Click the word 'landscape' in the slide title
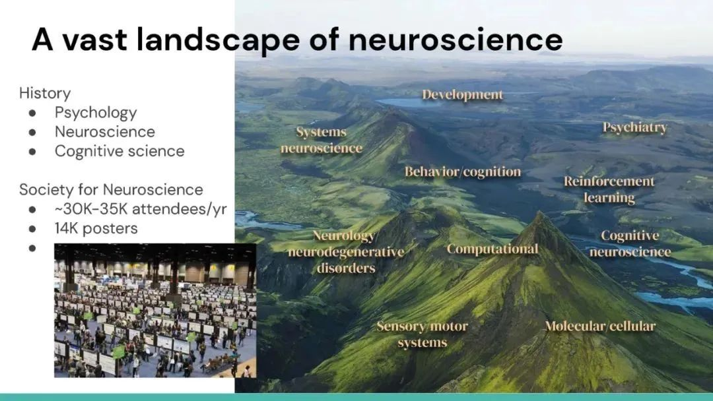(219, 40)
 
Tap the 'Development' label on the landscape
(462, 95)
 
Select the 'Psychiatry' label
(635, 127)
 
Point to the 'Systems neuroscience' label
(322, 140)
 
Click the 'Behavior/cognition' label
(463, 171)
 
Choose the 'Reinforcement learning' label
(609, 189)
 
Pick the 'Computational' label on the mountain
(492, 249)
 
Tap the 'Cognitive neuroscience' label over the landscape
(630, 243)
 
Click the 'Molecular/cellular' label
(600, 326)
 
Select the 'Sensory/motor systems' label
(422, 334)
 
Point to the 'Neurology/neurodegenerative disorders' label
(346, 251)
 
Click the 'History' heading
(45, 93)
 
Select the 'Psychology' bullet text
(96, 113)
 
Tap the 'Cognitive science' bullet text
(119, 151)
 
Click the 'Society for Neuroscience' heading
(111, 189)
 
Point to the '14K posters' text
(96, 228)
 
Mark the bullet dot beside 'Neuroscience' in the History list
(32, 132)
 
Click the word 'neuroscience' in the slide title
(456, 40)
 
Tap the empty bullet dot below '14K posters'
(32, 249)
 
